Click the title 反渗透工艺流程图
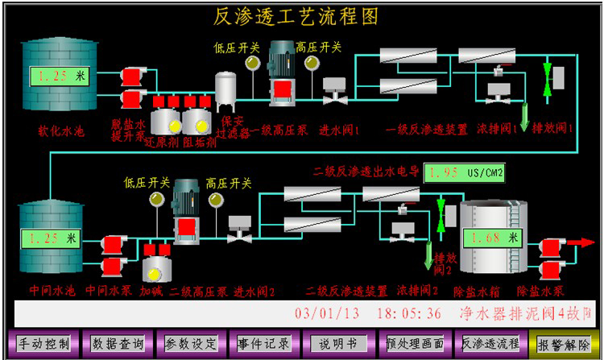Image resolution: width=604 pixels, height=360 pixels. coord(296,15)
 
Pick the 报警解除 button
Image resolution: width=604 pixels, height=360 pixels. coord(565,343)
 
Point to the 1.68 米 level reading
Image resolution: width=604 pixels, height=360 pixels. coord(490,238)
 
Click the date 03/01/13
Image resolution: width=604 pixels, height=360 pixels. coord(328,312)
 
